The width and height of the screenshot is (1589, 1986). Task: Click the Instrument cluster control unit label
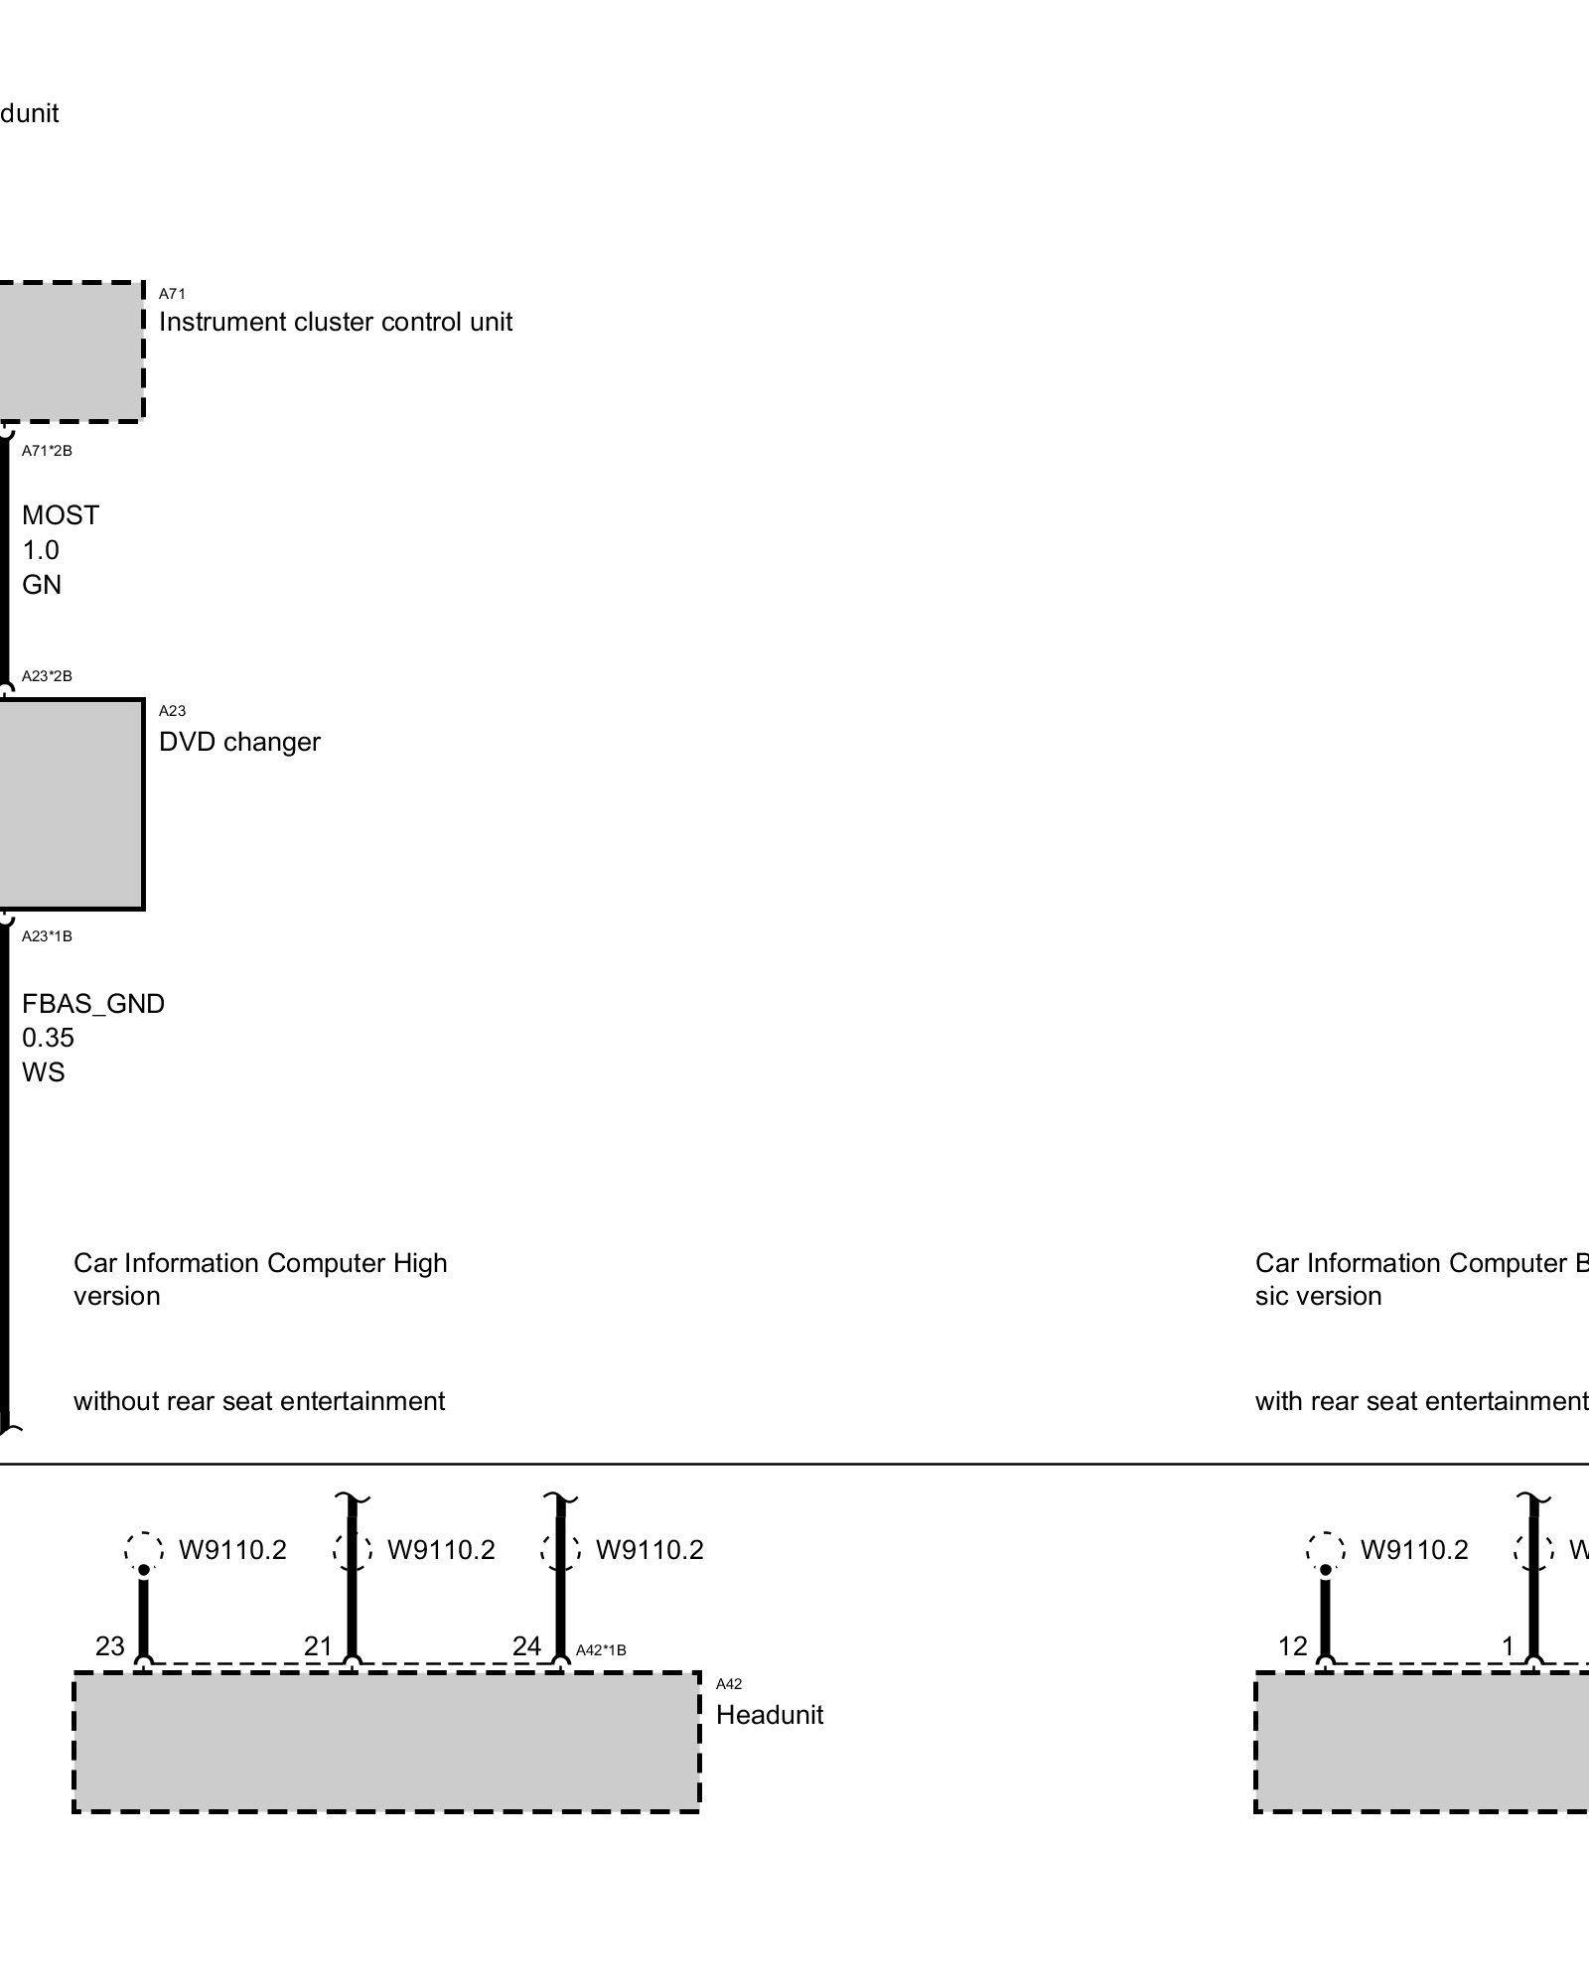click(336, 322)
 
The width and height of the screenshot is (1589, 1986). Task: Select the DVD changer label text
click(239, 742)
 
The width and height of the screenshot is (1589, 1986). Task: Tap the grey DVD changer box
click(70, 804)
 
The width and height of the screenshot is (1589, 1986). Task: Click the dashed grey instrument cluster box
click(70, 352)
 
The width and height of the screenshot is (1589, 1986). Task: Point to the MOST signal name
click(61, 515)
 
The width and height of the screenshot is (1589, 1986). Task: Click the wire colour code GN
click(42, 585)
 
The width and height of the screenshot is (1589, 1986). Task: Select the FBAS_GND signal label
click(93, 1004)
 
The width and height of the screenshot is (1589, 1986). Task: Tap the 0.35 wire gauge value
click(48, 1038)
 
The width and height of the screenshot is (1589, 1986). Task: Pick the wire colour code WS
click(43, 1072)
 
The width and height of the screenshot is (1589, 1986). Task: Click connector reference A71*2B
click(47, 451)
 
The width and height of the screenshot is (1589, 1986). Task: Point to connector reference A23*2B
click(47, 676)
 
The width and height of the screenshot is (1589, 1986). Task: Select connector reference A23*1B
click(47, 936)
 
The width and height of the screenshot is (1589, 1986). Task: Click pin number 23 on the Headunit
click(109, 1646)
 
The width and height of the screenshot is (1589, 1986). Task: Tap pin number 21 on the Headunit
click(318, 1646)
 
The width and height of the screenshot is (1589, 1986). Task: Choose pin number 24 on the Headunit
click(526, 1646)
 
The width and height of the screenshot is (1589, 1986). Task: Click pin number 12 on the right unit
click(1292, 1646)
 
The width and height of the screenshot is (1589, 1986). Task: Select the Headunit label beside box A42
click(770, 1715)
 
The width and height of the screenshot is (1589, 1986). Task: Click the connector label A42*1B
click(601, 1650)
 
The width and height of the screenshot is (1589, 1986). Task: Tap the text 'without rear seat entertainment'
click(259, 1401)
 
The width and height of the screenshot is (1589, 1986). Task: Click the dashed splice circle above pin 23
click(144, 1549)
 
